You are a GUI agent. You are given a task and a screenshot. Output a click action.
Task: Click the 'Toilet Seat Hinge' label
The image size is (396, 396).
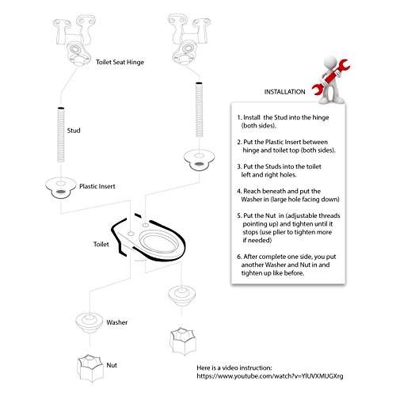pos(120,63)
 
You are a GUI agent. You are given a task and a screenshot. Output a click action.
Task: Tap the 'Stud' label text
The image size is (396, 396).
pos(74,131)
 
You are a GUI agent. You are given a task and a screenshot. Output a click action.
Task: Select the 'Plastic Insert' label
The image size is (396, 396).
pos(97,186)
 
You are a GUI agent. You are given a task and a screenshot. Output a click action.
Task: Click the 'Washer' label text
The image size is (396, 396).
pos(117,322)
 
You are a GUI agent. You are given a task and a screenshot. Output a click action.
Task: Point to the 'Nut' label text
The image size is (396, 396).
pos(112,365)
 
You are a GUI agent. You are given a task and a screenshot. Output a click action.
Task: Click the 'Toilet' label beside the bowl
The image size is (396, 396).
pos(101,244)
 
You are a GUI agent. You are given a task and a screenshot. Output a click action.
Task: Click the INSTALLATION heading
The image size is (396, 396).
pos(284,92)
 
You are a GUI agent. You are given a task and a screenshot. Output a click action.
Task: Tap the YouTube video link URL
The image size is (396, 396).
pos(270,376)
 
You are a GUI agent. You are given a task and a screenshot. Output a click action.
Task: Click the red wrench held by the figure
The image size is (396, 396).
pos(330,78)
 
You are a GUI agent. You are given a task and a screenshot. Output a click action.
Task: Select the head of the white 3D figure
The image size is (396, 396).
pos(329,63)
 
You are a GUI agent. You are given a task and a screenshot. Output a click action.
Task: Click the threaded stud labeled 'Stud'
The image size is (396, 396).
pos(61,135)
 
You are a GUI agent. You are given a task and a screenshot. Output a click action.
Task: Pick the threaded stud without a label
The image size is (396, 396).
pos(199,109)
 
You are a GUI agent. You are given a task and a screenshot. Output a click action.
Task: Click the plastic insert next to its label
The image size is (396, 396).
pos(61,188)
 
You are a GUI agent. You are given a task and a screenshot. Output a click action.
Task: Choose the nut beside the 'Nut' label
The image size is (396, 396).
pos(90,368)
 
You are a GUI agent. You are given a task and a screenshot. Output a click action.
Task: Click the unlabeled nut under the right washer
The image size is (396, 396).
pos(183,341)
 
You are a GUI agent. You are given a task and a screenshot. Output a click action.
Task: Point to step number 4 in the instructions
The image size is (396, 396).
pos(239,191)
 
